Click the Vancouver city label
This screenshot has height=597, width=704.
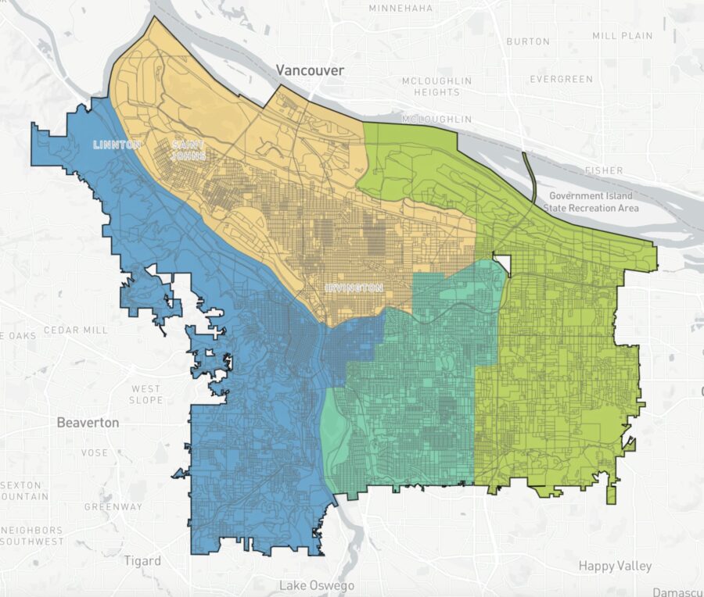pyautogui.click(x=310, y=70)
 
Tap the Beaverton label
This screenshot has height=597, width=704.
pyautogui.click(x=88, y=423)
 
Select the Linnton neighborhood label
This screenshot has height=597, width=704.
pyautogui.click(x=117, y=145)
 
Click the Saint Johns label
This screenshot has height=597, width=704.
pyautogui.click(x=189, y=150)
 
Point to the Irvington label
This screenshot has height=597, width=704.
pyautogui.click(x=354, y=288)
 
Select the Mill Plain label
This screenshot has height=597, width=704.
pyautogui.click(x=622, y=36)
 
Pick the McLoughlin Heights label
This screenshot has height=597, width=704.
pyautogui.click(x=436, y=86)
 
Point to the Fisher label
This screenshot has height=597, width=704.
pyautogui.click(x=604, y=170)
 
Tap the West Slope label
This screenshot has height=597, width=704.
pyautogui.click(x=146, y=394)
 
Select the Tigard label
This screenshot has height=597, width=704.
pyautogui.click(x=142, y=561)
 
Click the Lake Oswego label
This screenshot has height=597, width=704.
pyautogui.click(x=317, y=585)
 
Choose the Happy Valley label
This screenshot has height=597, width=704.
pyautogui.click(x=615, y=566)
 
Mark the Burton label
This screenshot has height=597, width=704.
pyautogui.click(x=528, y=41)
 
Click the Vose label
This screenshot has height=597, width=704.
pyautogui.click(x=95, y=452)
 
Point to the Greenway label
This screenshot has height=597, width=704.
pyautogui.click(x=113, y=506)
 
